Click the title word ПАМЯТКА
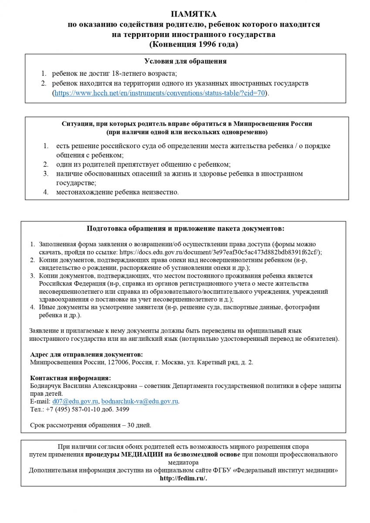tap(185, 15)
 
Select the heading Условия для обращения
tap(185, 61)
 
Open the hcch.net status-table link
tap(160, 93)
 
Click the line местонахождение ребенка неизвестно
tap(117, 192)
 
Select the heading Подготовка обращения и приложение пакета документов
tap(185, 228)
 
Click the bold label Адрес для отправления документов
tap(86, 354)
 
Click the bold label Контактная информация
tap(70, 377)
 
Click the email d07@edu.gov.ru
tap(75, 401)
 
